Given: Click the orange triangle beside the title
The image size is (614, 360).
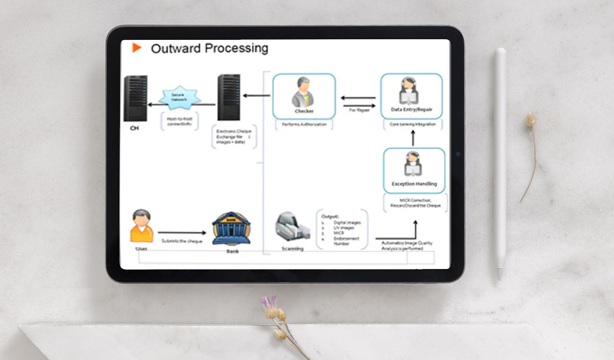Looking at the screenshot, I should coord(137,48).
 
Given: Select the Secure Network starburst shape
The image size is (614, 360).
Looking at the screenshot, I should coord(180,97).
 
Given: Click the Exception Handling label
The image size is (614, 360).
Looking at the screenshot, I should coord(414,184).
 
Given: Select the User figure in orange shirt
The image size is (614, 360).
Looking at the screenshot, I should coord(142,226).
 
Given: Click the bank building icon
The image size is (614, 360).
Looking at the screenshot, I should coord(231,229).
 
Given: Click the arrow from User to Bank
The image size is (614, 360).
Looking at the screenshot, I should coord(182,233).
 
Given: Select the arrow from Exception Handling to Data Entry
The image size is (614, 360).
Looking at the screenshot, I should coord(413,138).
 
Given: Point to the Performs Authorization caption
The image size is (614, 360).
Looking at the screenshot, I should coord(304,124).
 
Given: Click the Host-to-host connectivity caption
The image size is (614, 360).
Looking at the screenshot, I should coord(180,121).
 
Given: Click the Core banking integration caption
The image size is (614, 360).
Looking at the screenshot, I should coord(413,124).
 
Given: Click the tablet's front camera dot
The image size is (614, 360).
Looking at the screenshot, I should coord(457,154).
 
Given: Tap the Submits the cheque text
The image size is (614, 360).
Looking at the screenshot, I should coord(182,241).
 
